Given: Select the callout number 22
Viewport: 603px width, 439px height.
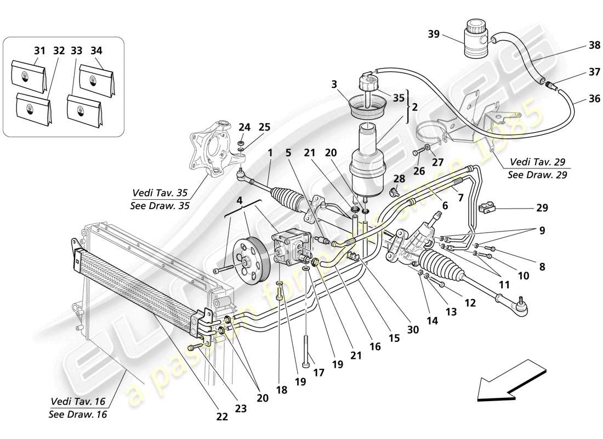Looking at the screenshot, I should (221, 417).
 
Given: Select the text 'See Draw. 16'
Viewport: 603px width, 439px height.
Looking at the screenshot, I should (78, 414).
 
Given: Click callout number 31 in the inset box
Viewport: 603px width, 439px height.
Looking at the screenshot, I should (39, 51).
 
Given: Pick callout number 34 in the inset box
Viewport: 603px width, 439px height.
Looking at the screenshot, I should (96, 51).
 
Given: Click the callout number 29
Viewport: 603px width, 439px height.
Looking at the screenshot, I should (542, 208).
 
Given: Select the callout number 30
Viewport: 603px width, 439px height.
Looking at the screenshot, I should (413, 329).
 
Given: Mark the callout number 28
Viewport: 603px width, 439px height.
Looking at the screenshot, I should (399, 179).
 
